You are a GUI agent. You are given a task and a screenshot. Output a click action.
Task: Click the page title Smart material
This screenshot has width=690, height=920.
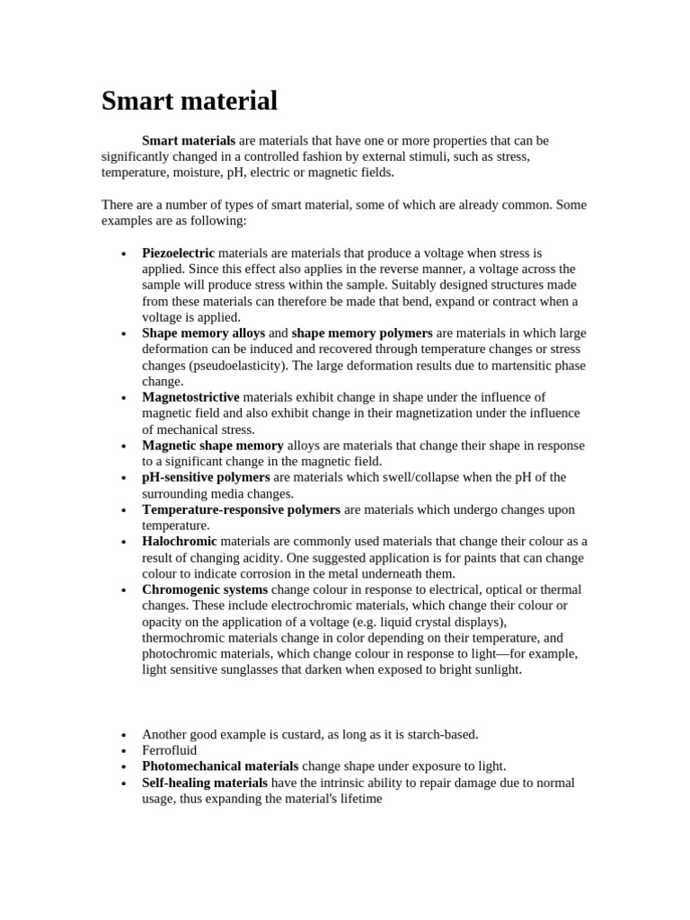click(190, 101)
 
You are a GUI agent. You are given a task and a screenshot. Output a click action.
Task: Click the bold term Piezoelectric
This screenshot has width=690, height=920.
click(178, 253)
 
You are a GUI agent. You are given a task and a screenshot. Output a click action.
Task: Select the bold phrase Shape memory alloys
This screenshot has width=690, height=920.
click(203, 333)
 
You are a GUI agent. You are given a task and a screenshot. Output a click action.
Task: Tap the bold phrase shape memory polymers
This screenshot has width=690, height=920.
click(362, 333)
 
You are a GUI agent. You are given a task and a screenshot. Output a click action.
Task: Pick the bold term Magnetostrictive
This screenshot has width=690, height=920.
click(190, 397)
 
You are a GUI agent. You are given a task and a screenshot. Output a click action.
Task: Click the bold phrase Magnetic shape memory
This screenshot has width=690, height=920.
click(213, 446)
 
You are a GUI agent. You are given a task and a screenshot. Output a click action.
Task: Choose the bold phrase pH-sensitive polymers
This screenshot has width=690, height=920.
click(206, 478)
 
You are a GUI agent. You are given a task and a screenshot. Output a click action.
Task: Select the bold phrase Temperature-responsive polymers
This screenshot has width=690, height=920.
click(241, 510)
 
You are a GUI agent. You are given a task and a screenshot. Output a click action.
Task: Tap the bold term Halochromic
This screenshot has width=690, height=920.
click(180, 542)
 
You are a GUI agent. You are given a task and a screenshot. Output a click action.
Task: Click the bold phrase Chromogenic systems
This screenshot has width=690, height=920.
click(205, 590)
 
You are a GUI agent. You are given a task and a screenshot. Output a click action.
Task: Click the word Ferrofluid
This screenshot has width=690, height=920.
click(169, 751)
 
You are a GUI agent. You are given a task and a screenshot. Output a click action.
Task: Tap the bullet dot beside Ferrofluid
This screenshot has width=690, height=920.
click(123, 751)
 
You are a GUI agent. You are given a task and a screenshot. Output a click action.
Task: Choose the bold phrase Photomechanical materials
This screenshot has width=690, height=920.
click(220, 767)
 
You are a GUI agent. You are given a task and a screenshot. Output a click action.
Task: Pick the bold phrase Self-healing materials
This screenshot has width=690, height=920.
click(205, 783)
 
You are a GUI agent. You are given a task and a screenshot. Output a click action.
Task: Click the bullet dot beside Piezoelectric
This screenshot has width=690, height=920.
click(123, 254)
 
